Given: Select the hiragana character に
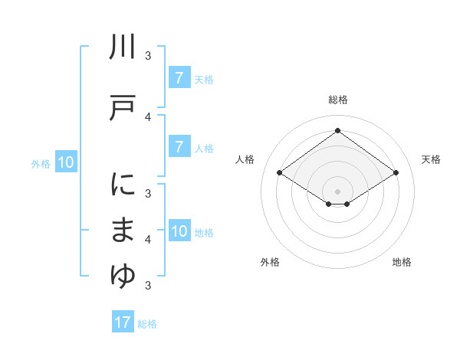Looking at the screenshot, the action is (123, 185).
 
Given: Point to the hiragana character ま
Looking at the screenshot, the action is (123, 230).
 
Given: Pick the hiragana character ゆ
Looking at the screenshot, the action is (123, 276).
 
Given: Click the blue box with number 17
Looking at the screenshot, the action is (123, 322).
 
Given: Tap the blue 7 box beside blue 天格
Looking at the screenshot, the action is (179, 77).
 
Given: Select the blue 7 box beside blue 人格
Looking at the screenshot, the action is (179, 146).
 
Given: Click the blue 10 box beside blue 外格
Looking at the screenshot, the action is (66, 162).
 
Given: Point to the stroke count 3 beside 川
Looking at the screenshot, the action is (149, 55).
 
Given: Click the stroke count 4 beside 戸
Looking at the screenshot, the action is (149, 116).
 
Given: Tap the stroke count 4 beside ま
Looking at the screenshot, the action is (149, 240).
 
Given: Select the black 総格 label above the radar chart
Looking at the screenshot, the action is (338, 100).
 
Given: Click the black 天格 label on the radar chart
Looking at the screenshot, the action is (432, 159).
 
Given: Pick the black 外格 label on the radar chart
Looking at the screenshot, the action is (270, 262).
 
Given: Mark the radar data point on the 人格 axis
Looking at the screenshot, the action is (280, 173).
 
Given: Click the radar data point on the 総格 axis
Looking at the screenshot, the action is (338, 131).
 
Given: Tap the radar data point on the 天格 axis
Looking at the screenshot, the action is (396, 173).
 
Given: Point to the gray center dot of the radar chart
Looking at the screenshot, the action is (338, 191).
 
